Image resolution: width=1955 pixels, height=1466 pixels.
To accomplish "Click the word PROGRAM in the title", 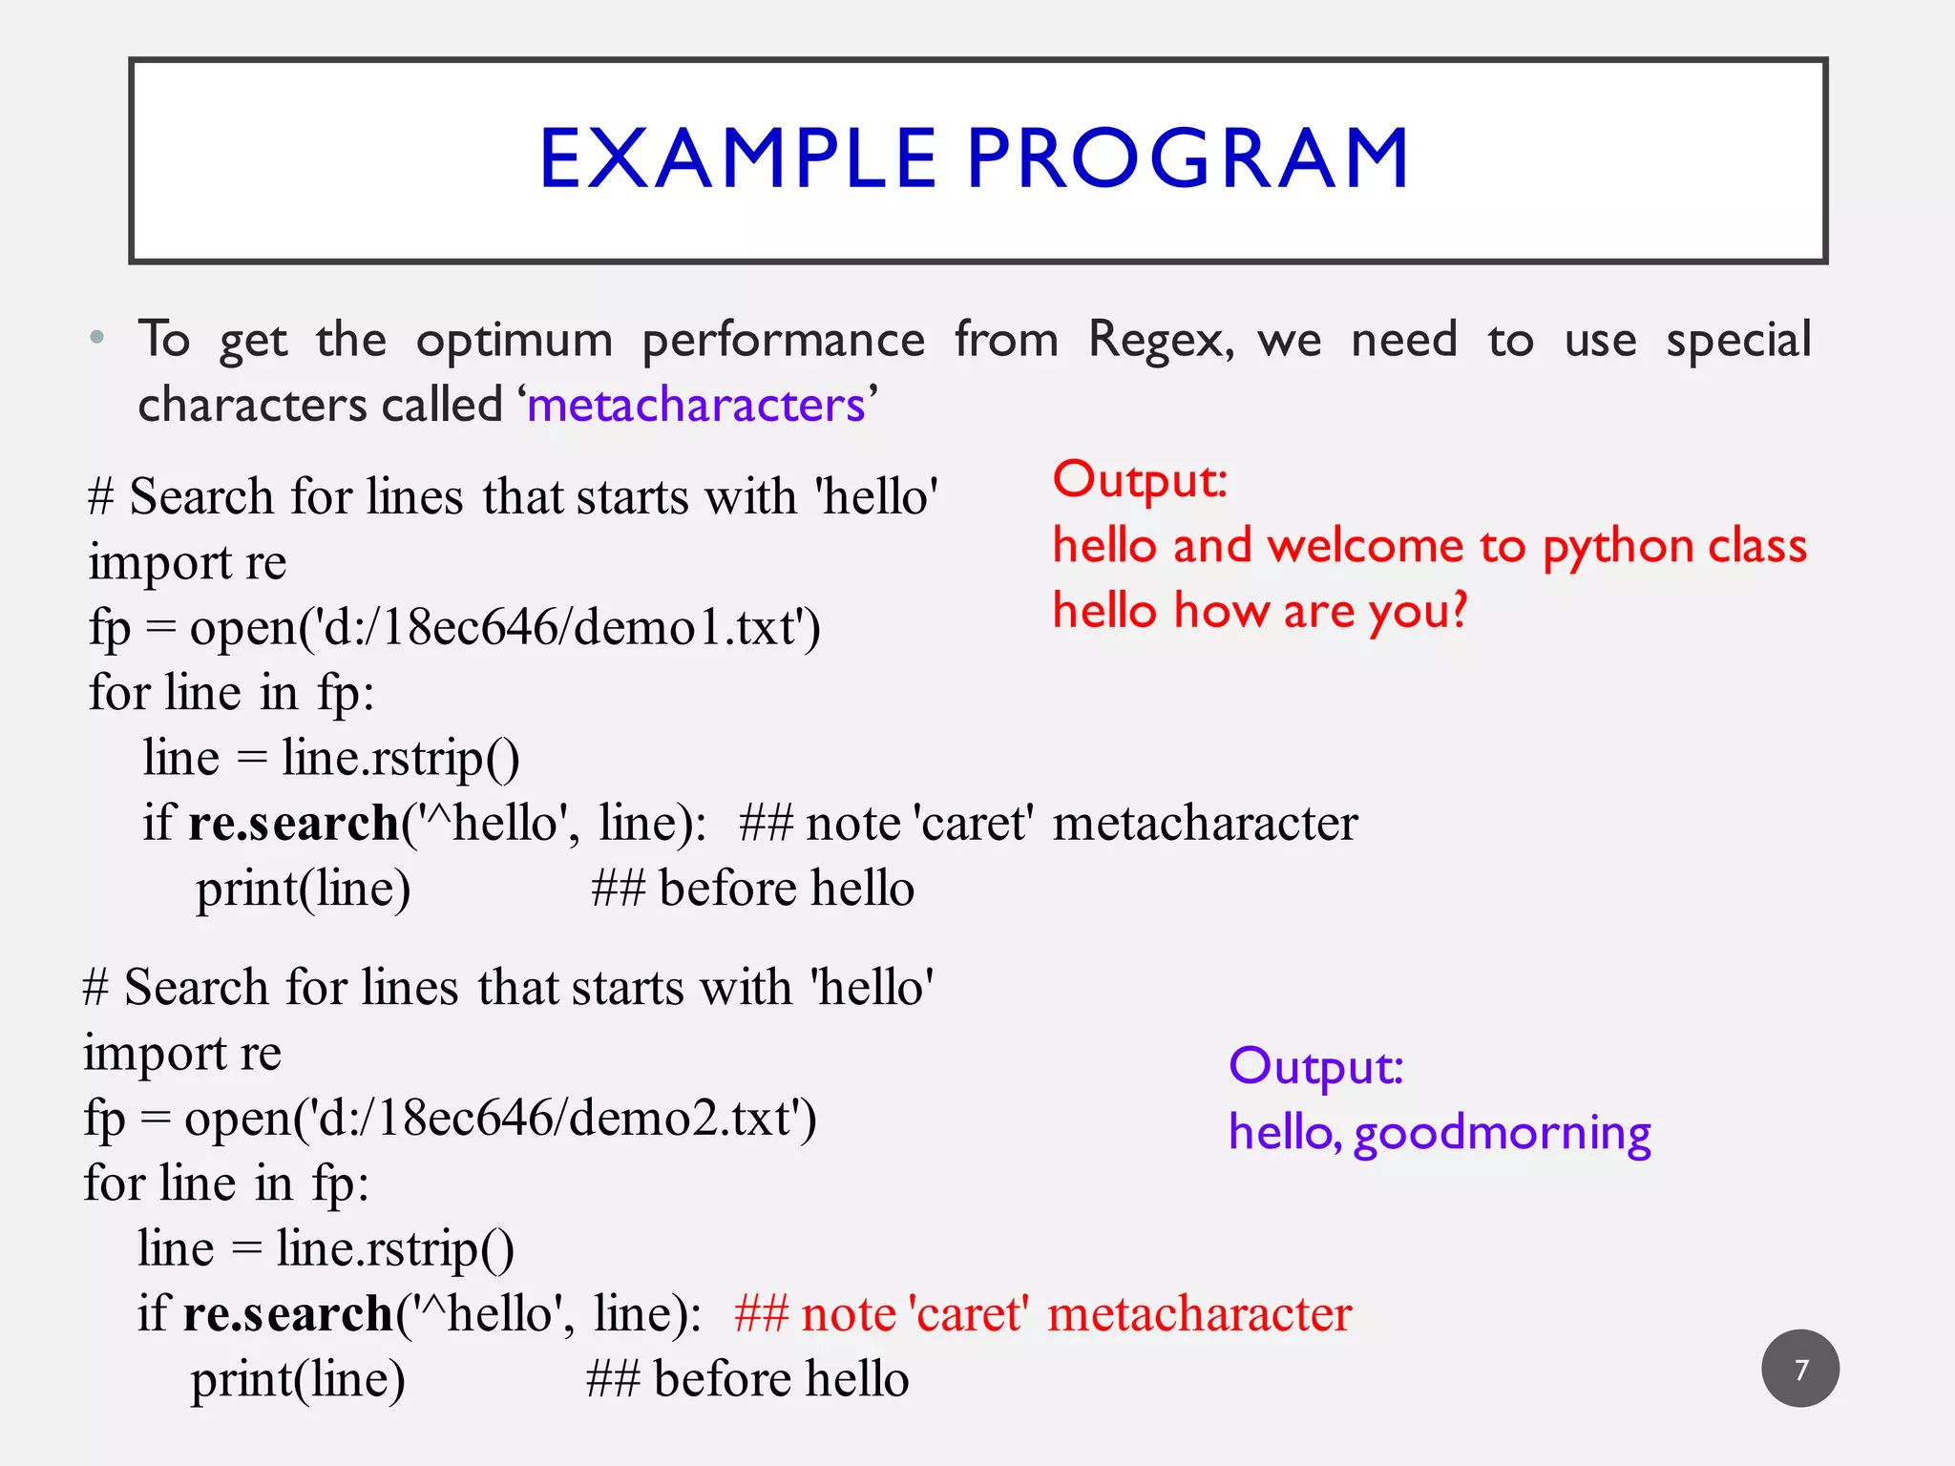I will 1188,158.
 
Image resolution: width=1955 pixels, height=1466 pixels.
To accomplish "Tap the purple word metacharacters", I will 696,406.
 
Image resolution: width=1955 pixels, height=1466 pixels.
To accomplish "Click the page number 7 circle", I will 1799,1369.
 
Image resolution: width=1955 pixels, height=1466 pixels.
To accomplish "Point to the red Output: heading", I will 1140,480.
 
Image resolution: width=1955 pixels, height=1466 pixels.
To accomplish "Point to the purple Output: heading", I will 1315,1066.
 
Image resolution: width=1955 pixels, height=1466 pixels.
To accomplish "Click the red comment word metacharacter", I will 1199,1314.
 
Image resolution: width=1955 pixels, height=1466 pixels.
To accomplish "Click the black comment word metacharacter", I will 1205,824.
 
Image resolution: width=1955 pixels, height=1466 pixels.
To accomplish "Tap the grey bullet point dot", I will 96,338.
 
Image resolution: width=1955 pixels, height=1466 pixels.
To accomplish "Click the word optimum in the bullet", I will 514,341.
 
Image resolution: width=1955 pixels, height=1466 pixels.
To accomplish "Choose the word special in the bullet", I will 1737,341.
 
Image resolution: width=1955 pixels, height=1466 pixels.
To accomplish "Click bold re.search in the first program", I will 293,824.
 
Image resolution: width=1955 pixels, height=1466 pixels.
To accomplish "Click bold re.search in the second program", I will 287,1314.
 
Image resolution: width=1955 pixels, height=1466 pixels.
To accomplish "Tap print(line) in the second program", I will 298,1380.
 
